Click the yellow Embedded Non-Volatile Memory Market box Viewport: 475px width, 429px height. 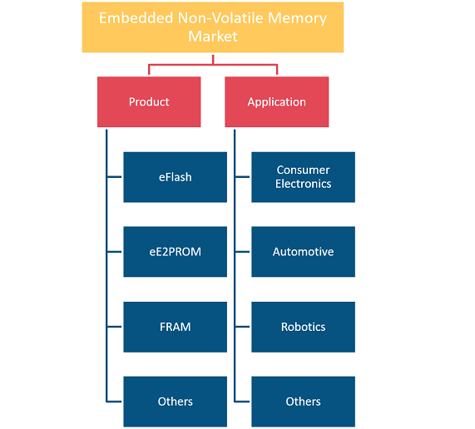pyautogui.click(x=213, y=27)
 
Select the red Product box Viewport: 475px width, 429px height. pyautogui.click(x=149, y=101)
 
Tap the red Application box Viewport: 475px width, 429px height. pyautogui.click(x=276, y=101)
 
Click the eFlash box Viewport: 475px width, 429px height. pyautogui.click(x=175, y=177)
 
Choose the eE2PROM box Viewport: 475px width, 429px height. pyautogui.click(x=175, y=252)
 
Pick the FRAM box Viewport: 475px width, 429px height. pyautogui.click(x=175, y=327)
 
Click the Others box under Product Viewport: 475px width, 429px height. pyautogui.click(x=175, y=402)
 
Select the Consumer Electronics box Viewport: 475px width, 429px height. pyautogui.click(x=304, y=177)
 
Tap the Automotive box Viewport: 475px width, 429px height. pyautogui.click(x=304, y=252)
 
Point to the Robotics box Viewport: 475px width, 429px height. pyautogui.click(x=304, y=327)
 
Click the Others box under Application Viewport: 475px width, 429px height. pyautogui.click(x=304, y=402)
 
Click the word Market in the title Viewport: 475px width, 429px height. pyautogui.click(x=213, y=37)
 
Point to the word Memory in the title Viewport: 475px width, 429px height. pyautogui.click(x=297, y=18)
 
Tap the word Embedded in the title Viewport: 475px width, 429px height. pyautogui.click(x=136, y=18)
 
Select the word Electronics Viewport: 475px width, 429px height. pyautogui.click(x=304, y=184)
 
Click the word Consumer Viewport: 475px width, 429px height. pyautogui.click(x=304, y=170)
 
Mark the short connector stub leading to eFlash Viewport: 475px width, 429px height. pyautogui.click(x=115, y=177)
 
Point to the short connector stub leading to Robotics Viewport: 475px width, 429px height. pyautogui.click(x=243, y=327)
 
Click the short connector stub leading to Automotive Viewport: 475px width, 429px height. pyautogui.click(x=243, y=252)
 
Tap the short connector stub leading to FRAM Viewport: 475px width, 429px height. pyautogui.click(x=115, y=327)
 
